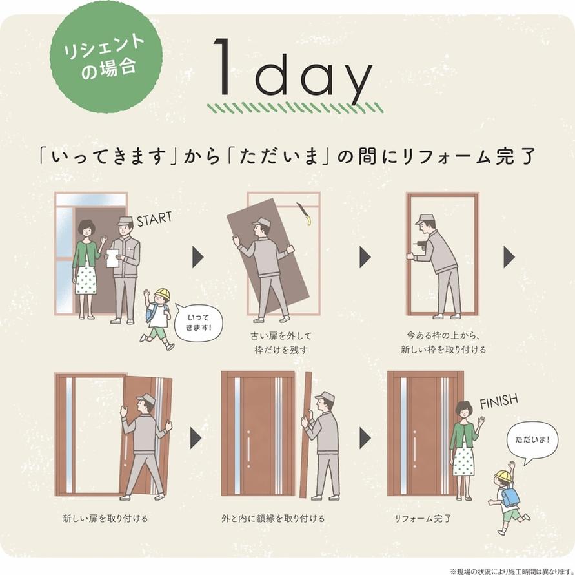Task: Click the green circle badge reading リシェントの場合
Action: (x=106, y=57)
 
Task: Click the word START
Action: (x=154, y=219)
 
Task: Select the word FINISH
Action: (x=499, y=401)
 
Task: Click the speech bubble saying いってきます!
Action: (x=198, y=322)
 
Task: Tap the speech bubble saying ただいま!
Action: (x=532, y=442)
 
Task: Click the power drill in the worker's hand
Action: (x=418, y=246)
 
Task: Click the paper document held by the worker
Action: (x=112, y=258)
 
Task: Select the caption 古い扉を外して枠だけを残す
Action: (x=281, y=342)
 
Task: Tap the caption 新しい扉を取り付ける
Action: (x=105, y=518)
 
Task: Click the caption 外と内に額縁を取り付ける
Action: (x=273, y=518)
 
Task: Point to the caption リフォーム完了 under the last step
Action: (x=423, y=518)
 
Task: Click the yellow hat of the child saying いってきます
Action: (x=163, y=294)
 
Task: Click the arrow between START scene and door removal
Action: (x=197, y=257)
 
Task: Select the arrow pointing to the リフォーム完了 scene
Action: (x=365, y=437)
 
